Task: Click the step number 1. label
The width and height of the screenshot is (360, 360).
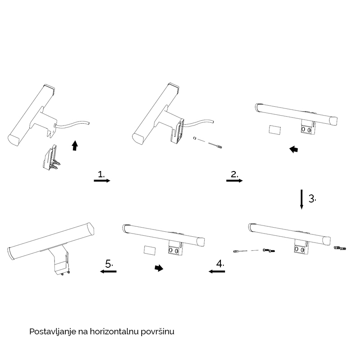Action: (x=101, y=174)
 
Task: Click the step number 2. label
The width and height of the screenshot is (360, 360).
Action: (x=234, y=174)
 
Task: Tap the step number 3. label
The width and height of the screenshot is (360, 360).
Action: (x=312, y=198)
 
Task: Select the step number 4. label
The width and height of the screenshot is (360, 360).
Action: (x=220, y=264)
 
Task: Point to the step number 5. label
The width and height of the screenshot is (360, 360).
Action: (x=109, y=264)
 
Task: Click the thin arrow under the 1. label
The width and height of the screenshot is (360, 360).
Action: (x=102, y=181)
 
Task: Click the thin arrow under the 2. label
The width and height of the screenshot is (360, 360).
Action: (x=234, y=181)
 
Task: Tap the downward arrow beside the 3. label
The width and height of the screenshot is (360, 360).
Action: (x=301, y=199)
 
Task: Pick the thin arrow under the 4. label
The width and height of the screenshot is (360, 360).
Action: (x=217, y=271)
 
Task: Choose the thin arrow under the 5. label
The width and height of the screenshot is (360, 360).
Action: (x=108, y=271)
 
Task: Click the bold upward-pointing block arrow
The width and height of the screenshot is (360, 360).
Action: (x=75, y=145)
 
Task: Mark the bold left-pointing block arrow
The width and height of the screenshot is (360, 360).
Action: (x=294, y=149)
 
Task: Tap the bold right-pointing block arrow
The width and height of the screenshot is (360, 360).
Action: (x=159, y=268)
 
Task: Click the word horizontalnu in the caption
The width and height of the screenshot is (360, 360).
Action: (x=114, y=332)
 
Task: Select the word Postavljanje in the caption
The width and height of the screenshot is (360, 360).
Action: (x=53, y=332)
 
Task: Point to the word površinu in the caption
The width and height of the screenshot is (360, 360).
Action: (x=157, y=332)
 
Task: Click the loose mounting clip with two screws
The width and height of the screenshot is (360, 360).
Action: (x=51, y=158)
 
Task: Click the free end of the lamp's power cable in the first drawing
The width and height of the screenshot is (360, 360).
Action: (x=88, y=123)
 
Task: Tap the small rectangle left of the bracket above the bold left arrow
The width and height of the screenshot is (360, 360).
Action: (x=274, y=130)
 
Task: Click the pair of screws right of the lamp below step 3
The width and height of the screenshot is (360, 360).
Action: (x=340, y=248)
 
